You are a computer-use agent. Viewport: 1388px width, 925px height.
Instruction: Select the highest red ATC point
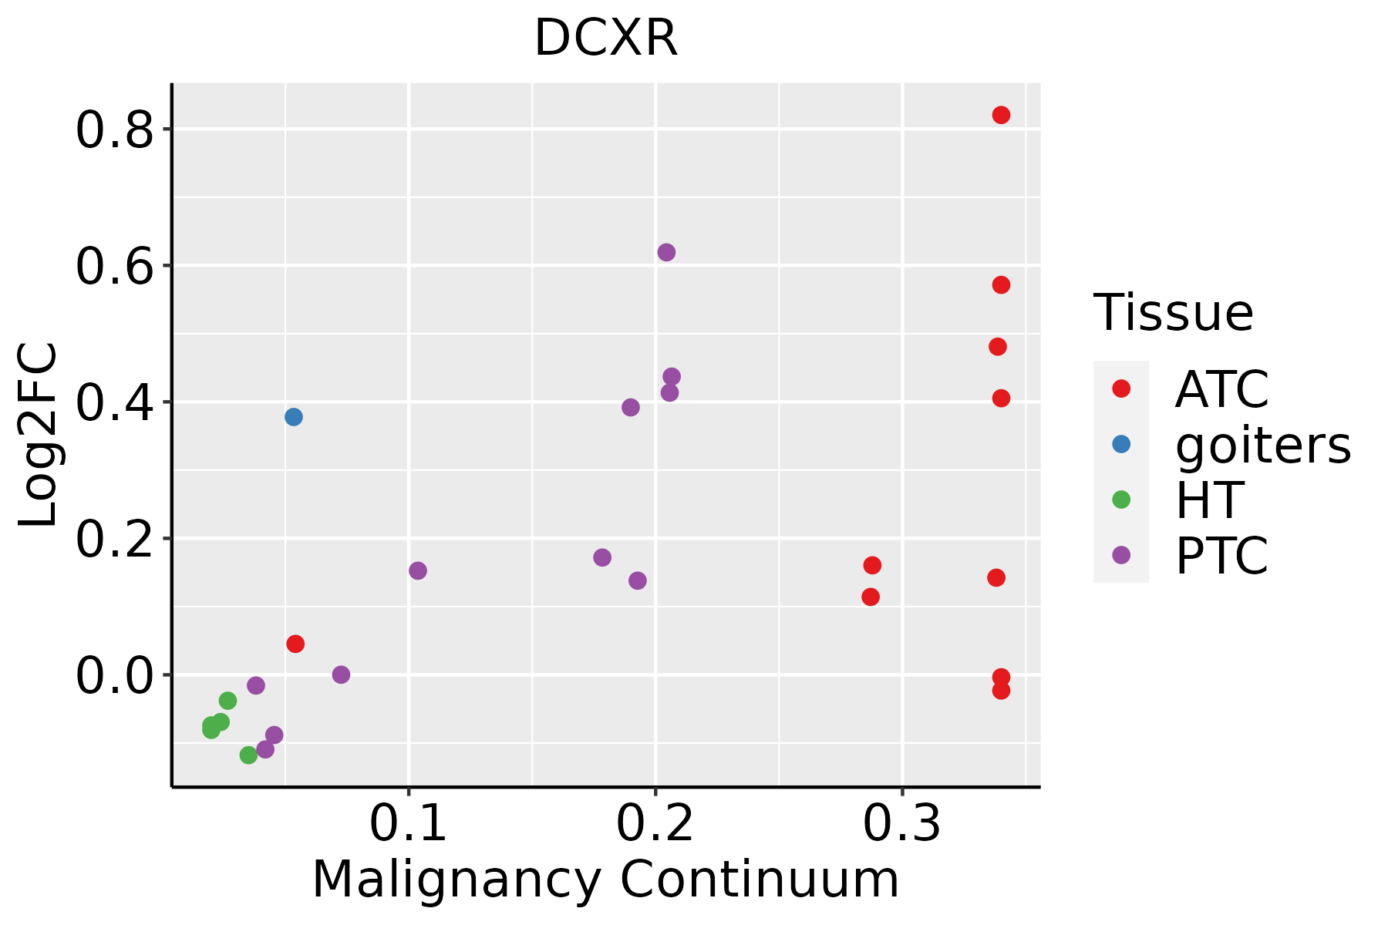1001,115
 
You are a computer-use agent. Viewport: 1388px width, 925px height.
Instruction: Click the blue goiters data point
293,417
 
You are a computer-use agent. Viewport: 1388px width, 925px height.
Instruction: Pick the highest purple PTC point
666,252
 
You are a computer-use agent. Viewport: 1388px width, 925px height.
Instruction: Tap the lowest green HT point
248,755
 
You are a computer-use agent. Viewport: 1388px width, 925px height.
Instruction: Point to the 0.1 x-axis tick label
408,824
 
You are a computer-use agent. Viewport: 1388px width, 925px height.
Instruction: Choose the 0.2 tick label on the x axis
655,824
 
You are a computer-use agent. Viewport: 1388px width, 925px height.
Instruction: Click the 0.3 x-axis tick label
901,824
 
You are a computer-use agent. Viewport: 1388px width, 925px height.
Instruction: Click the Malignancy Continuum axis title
605,880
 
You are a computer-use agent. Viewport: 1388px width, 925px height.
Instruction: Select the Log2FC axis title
39,435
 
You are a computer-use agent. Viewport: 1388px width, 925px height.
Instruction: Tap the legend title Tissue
1173,313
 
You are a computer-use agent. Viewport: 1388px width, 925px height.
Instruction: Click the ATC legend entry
1221,389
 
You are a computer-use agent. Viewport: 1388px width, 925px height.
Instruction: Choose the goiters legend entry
1262,445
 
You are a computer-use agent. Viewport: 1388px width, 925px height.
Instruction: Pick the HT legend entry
1208,500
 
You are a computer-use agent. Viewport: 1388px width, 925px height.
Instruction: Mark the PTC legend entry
1221,556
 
